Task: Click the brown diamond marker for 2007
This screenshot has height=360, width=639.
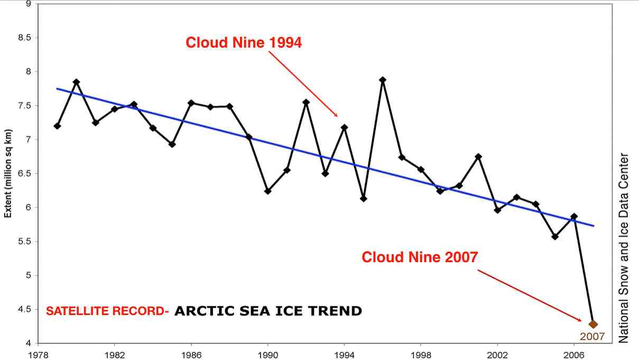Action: pos(593,324)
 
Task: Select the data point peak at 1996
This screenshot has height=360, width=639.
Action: pos(383,80)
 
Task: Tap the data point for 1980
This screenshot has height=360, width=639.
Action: pos(76,82)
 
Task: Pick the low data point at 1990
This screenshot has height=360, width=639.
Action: pos(267,191)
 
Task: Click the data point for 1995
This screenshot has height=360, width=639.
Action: pos(364,199)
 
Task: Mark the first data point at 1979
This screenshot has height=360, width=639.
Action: pos(57,126)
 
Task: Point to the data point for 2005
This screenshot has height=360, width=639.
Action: pos(555,236)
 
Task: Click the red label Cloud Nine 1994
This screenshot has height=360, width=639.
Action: pos(244,43)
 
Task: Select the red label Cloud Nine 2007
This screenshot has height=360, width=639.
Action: pos(420,257)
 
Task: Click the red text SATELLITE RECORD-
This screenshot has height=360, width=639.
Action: pos(107,311)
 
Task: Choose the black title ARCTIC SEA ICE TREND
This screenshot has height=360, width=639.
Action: pos(268,311)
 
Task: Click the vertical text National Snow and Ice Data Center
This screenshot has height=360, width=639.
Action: pos(624,248)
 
